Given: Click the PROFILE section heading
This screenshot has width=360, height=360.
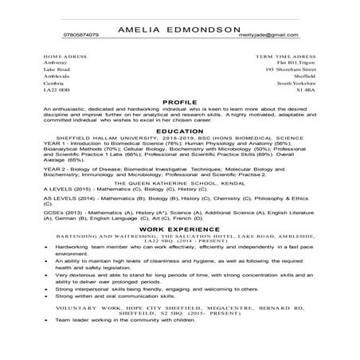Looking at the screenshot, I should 179,103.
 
